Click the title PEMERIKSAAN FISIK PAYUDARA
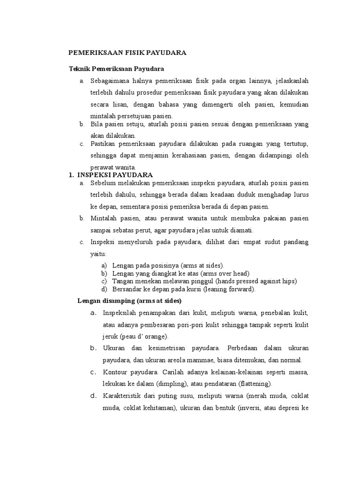coord(127,52)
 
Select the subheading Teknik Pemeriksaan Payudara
coord(116,69)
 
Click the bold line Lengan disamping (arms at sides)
coord(129,300)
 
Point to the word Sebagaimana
coord(110,81)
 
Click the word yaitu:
coord(98,254)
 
